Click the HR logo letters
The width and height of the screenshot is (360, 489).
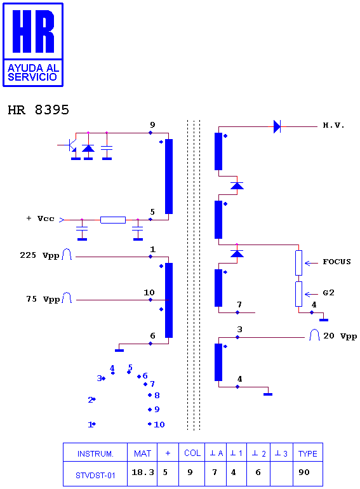(34, 31)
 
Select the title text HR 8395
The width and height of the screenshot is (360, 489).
(38, 110)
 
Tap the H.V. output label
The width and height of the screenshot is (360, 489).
(333, 125)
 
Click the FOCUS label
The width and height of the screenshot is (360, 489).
(337, 262)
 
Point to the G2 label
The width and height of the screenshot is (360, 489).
(328, 293)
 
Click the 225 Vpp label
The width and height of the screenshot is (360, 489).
(39, 255)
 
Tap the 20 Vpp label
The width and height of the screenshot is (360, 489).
(340, 336)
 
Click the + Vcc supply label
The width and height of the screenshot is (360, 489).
(40, 218)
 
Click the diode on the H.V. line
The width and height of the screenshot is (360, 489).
(277, 126)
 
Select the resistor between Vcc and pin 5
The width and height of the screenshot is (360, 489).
(113, 220)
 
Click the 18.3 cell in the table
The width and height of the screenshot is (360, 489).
(143, 472)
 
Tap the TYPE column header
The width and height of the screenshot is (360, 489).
(308, 454)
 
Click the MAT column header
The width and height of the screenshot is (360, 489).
(142, 453)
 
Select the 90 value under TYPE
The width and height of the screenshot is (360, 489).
(304, 472)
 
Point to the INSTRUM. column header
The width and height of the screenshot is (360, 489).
(95, 454)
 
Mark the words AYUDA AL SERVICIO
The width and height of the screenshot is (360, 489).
(33, 72)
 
